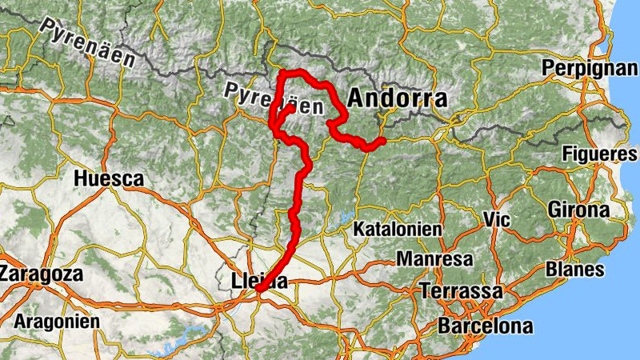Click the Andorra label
click(x=397, y=98)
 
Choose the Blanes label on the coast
click(x=575, y=269)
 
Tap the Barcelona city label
click(x=485, y=326)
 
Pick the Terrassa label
click(x=462, y=290)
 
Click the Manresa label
click(x=434, y=260)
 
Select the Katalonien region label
click(x=398, y=230)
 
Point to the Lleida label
click(x=258, y=281)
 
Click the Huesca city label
click(x=108, y=179)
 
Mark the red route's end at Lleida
click(x=260, y=290)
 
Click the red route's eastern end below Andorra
click(x=382, y=141)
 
